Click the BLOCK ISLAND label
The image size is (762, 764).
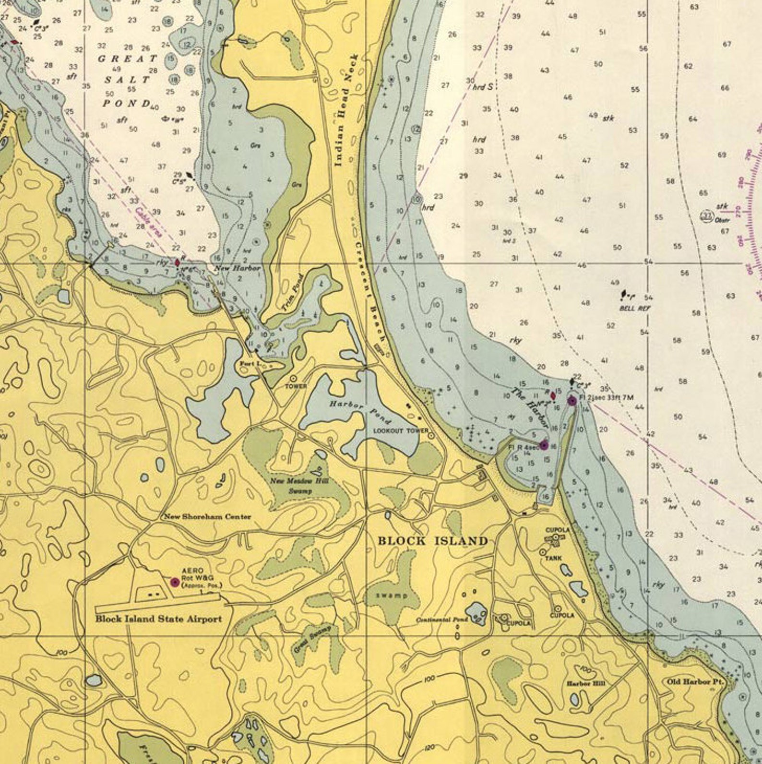[x=432, y=541]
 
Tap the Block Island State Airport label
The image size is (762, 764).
[x=158, y=619]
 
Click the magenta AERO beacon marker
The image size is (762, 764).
[x=175, y=582]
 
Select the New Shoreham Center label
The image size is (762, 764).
[x=207, y=517]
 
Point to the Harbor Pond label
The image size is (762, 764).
[x=360, y=411]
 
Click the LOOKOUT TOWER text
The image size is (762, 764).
[x=401, y=431]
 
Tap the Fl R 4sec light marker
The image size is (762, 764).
[x=544, y=445]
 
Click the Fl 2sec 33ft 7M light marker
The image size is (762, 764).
[x=571, y=401]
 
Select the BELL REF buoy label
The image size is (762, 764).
[x=634, y=308]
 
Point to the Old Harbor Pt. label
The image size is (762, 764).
[x=694, y=681]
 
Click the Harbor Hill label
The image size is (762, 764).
[x=585, y=683]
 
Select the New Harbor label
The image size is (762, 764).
[x=237, y=268]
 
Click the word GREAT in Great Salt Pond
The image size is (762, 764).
[x=127, y=59]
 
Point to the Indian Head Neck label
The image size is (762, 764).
[x=345, y=110]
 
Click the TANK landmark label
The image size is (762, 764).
[x=553, y=558]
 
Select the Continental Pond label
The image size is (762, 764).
[x=441, y=620]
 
